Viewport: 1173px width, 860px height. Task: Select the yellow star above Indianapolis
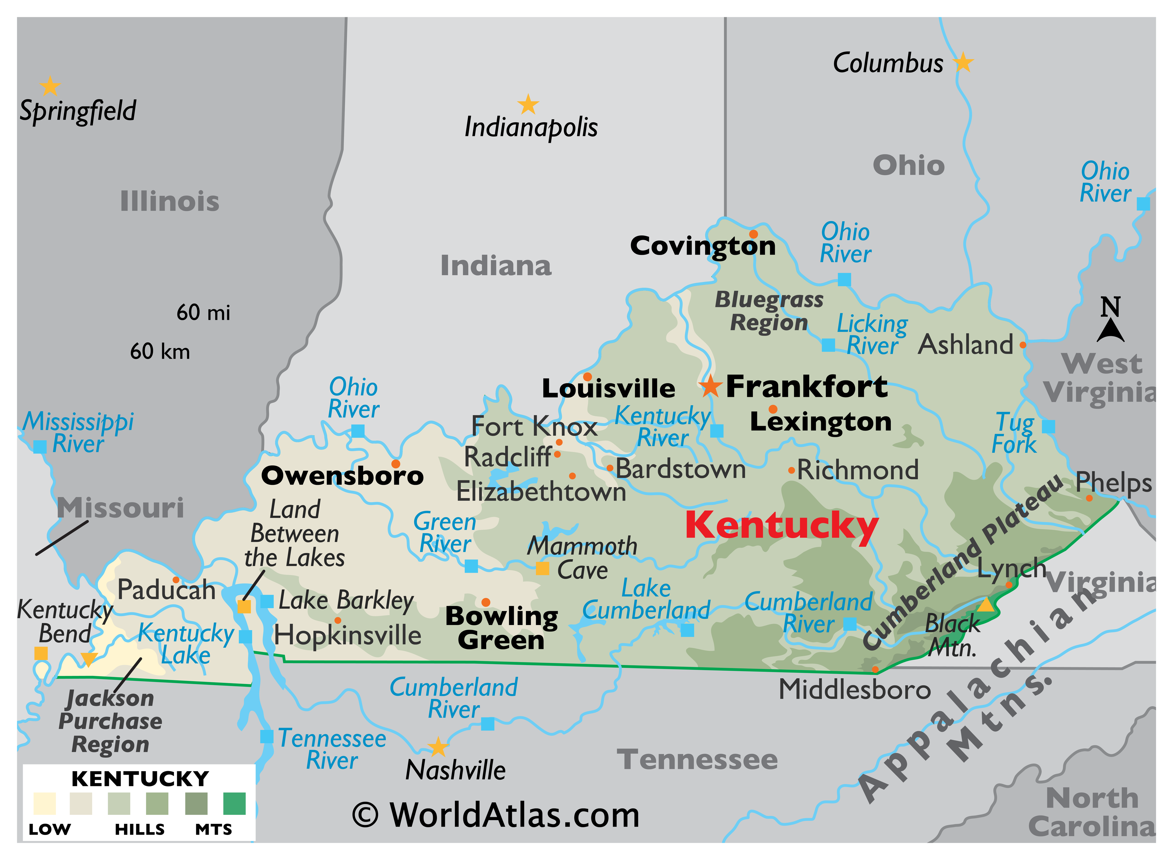[x=528, y=105]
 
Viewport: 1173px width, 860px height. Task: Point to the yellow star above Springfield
[x=50, y=86]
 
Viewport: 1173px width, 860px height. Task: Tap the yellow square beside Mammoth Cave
[x=542, y=568]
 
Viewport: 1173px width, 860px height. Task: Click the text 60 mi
[x=203, y=312]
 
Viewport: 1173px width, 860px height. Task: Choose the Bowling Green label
[x=502, y=628]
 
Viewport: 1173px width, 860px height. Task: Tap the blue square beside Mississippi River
[x=40, y=447]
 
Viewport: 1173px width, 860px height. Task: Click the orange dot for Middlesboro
[x=875, y=670]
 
